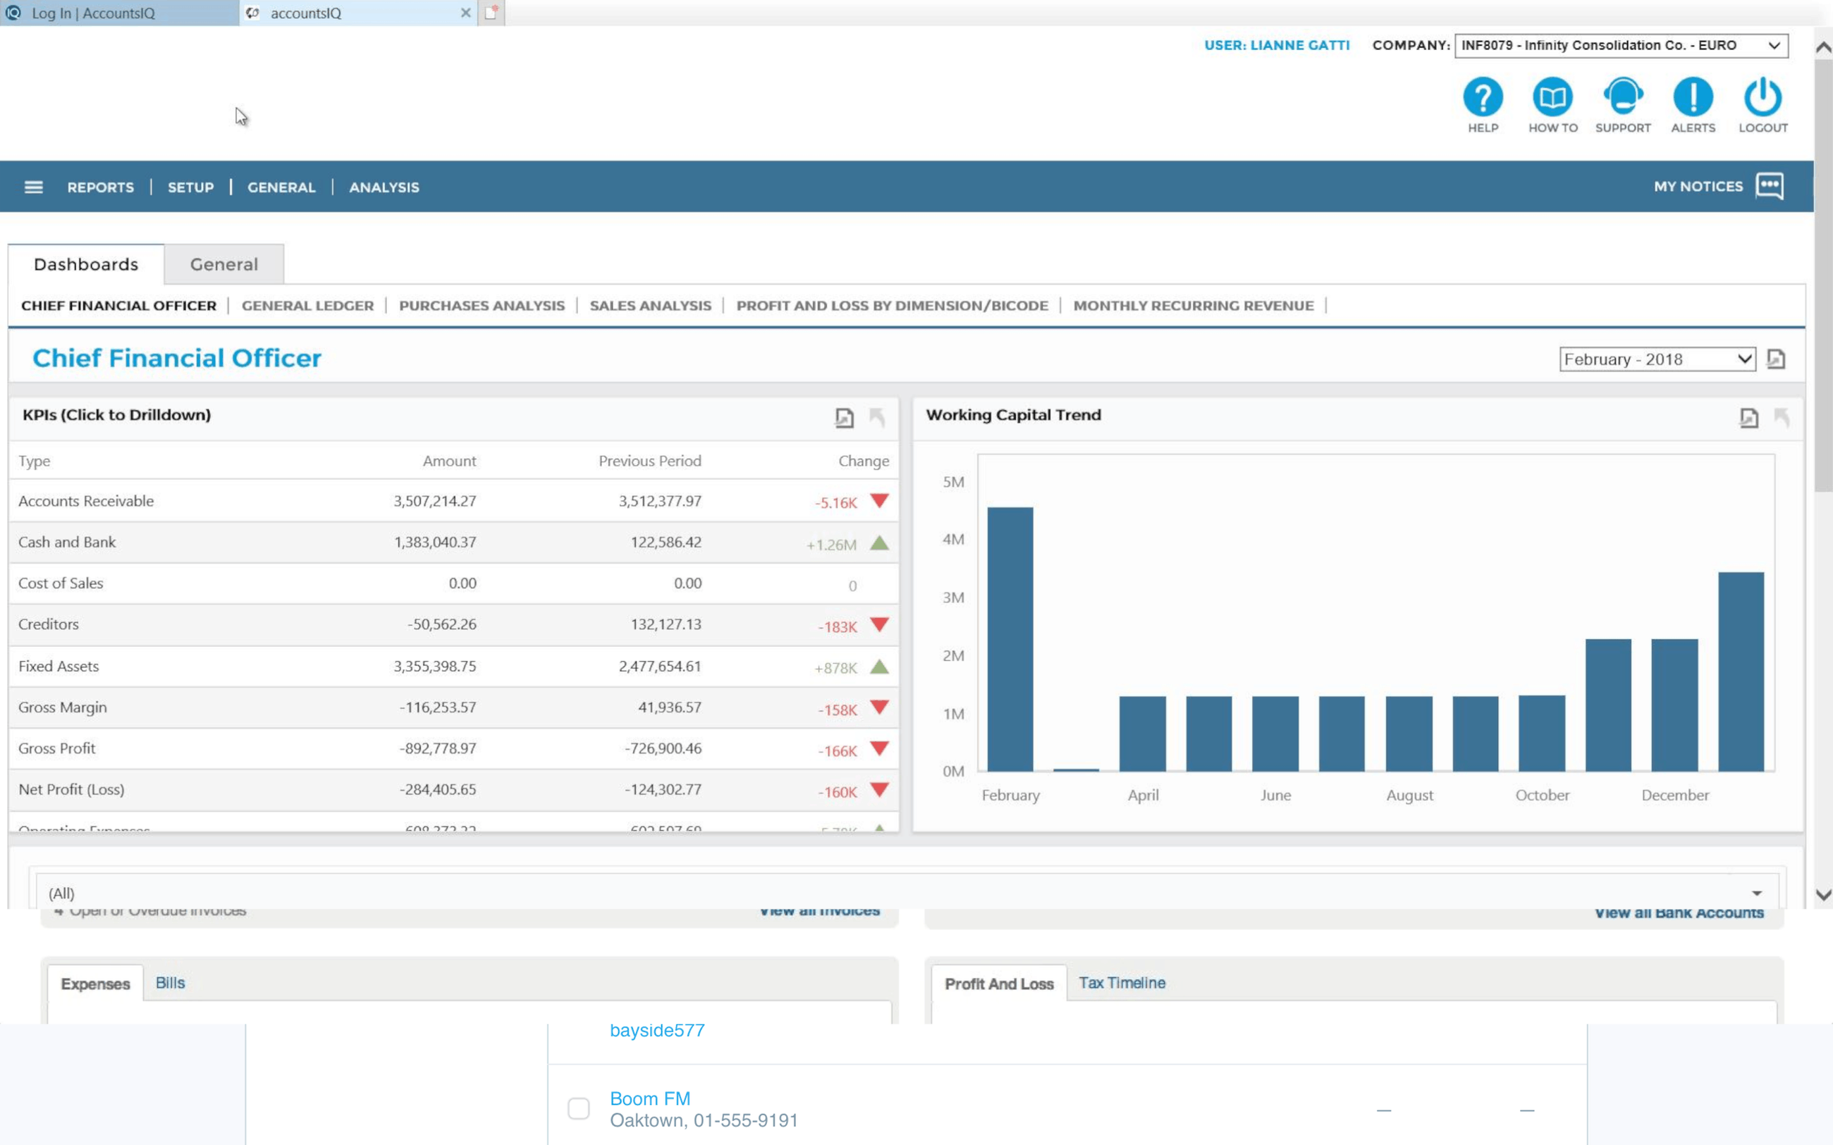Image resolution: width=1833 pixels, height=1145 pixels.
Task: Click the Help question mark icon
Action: pos(1483,97)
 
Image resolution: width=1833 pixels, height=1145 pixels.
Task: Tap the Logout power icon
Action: pos(1762,97)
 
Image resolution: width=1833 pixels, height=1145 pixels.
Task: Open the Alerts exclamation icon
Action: pos(1693,97)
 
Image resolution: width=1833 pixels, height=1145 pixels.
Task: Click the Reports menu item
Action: pos(100,187)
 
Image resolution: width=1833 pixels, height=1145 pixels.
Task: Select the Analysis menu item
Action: pos(384,187)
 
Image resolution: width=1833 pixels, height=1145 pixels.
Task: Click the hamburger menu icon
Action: pos(33,187)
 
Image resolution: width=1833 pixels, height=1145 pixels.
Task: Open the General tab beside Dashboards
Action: pos(223,264)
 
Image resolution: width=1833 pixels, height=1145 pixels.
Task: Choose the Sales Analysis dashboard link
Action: pos(650,306)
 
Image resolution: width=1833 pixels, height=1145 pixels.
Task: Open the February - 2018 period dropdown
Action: pos(1657,359)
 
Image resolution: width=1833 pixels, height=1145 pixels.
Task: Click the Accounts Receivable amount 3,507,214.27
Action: pos(435,501)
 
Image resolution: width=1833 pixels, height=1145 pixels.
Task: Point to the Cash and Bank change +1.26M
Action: pos(831,545)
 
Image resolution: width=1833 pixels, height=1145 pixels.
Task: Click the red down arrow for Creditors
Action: pos(878,625)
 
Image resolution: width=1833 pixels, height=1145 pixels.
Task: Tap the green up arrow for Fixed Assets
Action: pos(878,667)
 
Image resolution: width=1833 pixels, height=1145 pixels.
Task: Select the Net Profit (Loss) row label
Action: pos(71,789)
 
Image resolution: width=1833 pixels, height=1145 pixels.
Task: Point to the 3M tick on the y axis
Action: pos(953,598)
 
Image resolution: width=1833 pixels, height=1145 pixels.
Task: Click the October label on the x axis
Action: pos(1541,795)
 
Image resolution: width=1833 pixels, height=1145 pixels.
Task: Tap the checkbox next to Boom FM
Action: pos(579,1108)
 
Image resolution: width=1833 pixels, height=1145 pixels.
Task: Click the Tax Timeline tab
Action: pos(1122,983)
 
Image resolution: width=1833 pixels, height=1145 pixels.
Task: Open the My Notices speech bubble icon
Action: pos(1770,186)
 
